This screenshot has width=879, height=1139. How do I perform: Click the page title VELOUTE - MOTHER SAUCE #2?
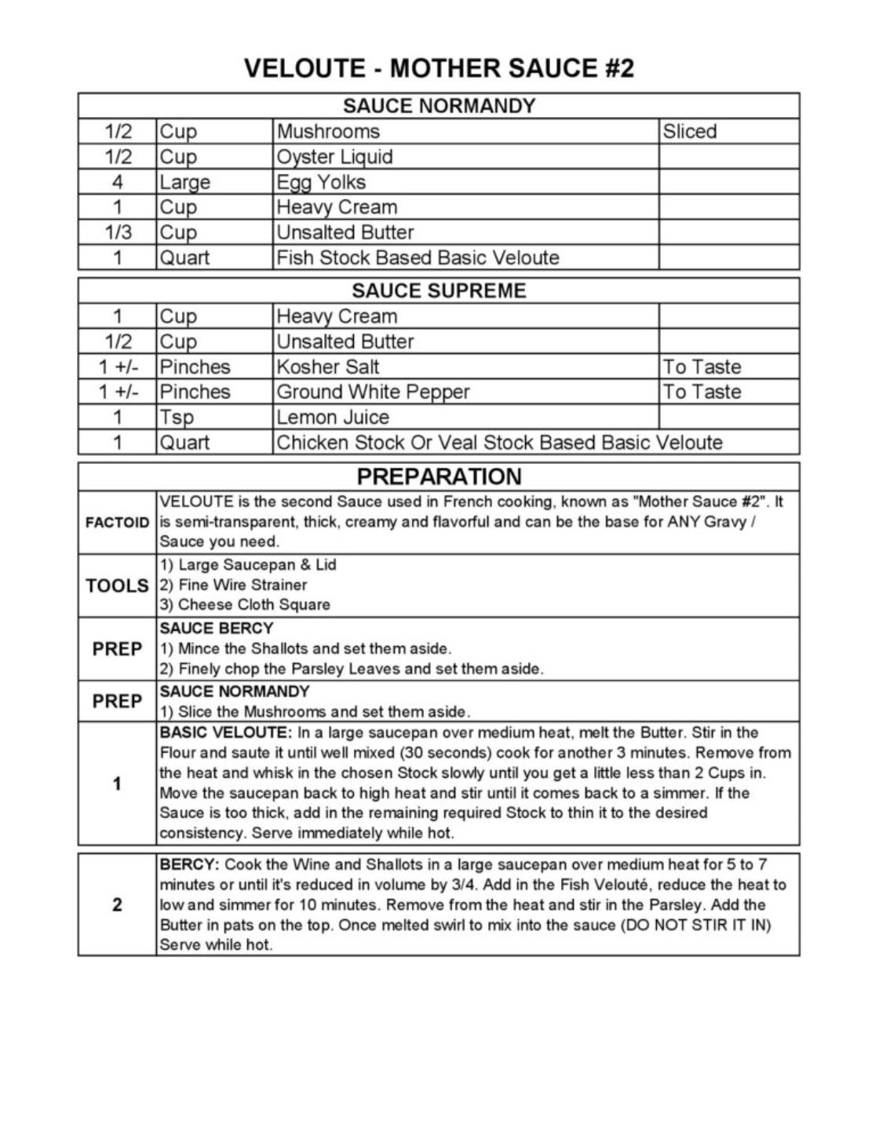point(439,68)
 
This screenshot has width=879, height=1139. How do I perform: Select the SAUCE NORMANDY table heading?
point(439,106)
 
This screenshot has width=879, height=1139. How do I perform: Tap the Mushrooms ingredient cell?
point(328,132)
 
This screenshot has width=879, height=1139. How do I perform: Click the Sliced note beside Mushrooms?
point(690,132)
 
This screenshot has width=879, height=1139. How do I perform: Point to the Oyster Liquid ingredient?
point(334,157)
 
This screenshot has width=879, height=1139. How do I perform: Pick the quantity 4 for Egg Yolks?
point(118,182)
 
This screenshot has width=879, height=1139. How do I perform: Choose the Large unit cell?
point(185,182)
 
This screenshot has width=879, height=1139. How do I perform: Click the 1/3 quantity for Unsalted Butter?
point(118,232)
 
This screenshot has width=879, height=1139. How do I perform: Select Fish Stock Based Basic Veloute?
point(418,257)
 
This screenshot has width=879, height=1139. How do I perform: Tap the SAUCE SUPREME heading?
point(439,291)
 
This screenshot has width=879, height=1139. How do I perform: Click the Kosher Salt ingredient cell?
point(328,367)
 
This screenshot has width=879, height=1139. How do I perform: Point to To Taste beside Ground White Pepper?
point(702,392)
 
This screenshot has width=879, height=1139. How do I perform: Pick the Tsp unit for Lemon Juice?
point(177,417)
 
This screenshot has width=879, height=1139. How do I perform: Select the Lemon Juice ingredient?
point(333,417)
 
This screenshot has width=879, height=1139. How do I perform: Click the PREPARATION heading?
point(439,476)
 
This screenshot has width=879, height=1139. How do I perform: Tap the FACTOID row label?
point(117,523)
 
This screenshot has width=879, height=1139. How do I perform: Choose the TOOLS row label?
point(117,586)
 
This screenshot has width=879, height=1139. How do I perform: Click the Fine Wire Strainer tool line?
point(233,585)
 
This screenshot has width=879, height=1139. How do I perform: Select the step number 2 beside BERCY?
point(117,904)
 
